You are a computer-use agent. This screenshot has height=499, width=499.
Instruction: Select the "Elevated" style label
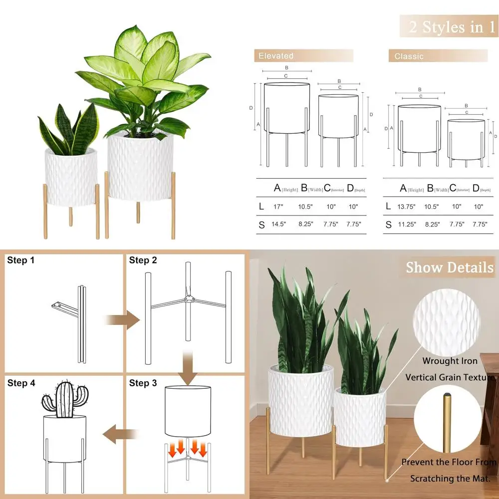click(x=276, y=56)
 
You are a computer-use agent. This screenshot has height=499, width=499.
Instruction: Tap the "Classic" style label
click(x=409, y=56)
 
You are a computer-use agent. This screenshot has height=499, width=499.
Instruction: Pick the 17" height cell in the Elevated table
click(x=277, y=206)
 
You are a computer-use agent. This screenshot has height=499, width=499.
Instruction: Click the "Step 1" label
click(x=21, y=260)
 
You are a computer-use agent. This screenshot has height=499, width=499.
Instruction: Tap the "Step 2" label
click(x=143, y=260)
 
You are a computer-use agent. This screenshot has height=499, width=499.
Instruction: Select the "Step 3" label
click(x=143, y=383)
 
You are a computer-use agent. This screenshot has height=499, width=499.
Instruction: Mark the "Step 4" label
click(x=21, y=383)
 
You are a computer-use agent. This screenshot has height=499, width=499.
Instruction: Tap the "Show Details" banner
click(x=449, y=267)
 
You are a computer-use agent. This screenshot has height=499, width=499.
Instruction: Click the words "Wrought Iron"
click(x=450, y=361)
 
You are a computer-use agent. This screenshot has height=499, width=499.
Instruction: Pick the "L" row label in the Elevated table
click(x=261, y=206)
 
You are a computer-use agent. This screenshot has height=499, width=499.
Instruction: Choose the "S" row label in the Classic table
click(x=388, y=225)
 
